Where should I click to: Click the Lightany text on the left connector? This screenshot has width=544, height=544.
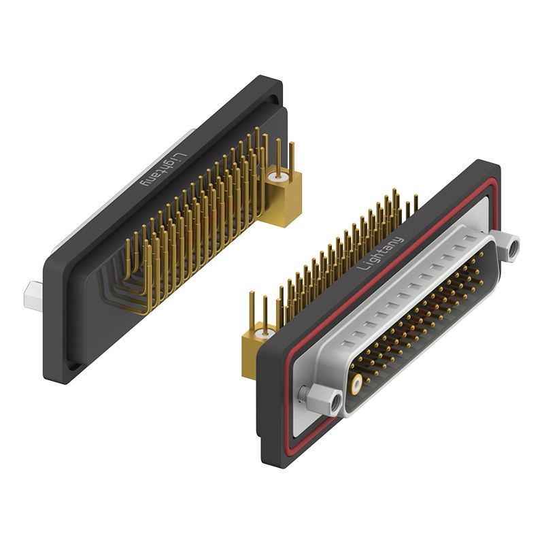164,171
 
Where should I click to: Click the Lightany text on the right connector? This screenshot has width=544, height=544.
381,254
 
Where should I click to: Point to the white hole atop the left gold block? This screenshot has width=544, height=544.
278,177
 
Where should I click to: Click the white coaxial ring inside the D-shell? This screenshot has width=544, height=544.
356,384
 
